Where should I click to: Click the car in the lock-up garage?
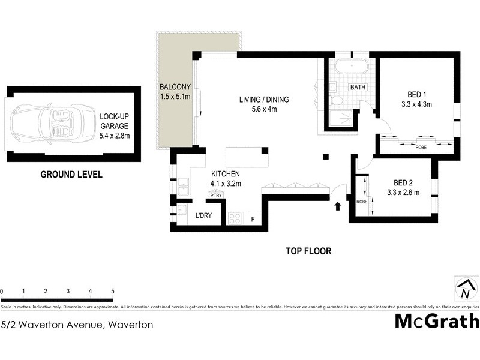click(x=44, y=122)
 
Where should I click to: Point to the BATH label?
click(x=358, y=87)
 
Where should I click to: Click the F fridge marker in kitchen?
click(x=253, y=219)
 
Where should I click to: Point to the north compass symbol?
click(x=465, y=290)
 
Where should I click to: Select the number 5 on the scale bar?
click(x=113, y=291)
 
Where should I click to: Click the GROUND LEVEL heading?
click(x=71, y=175)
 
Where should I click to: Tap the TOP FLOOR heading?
click(x=308, y=251)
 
